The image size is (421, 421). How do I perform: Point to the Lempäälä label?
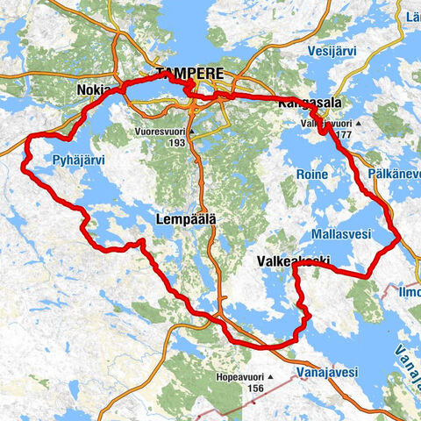tap(187, 218)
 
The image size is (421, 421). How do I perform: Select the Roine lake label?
tap(312, 175)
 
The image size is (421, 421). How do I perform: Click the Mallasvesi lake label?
tap(341, 234)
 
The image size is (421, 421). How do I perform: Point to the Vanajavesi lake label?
tap(326, 372)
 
